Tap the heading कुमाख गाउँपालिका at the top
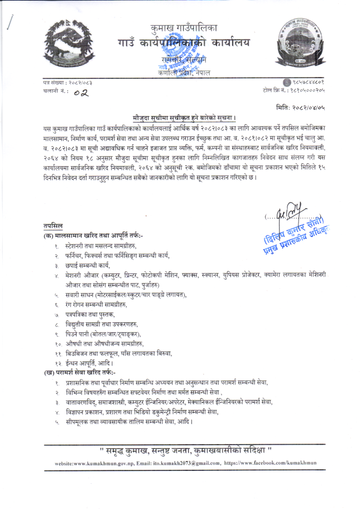tap(180, 27)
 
